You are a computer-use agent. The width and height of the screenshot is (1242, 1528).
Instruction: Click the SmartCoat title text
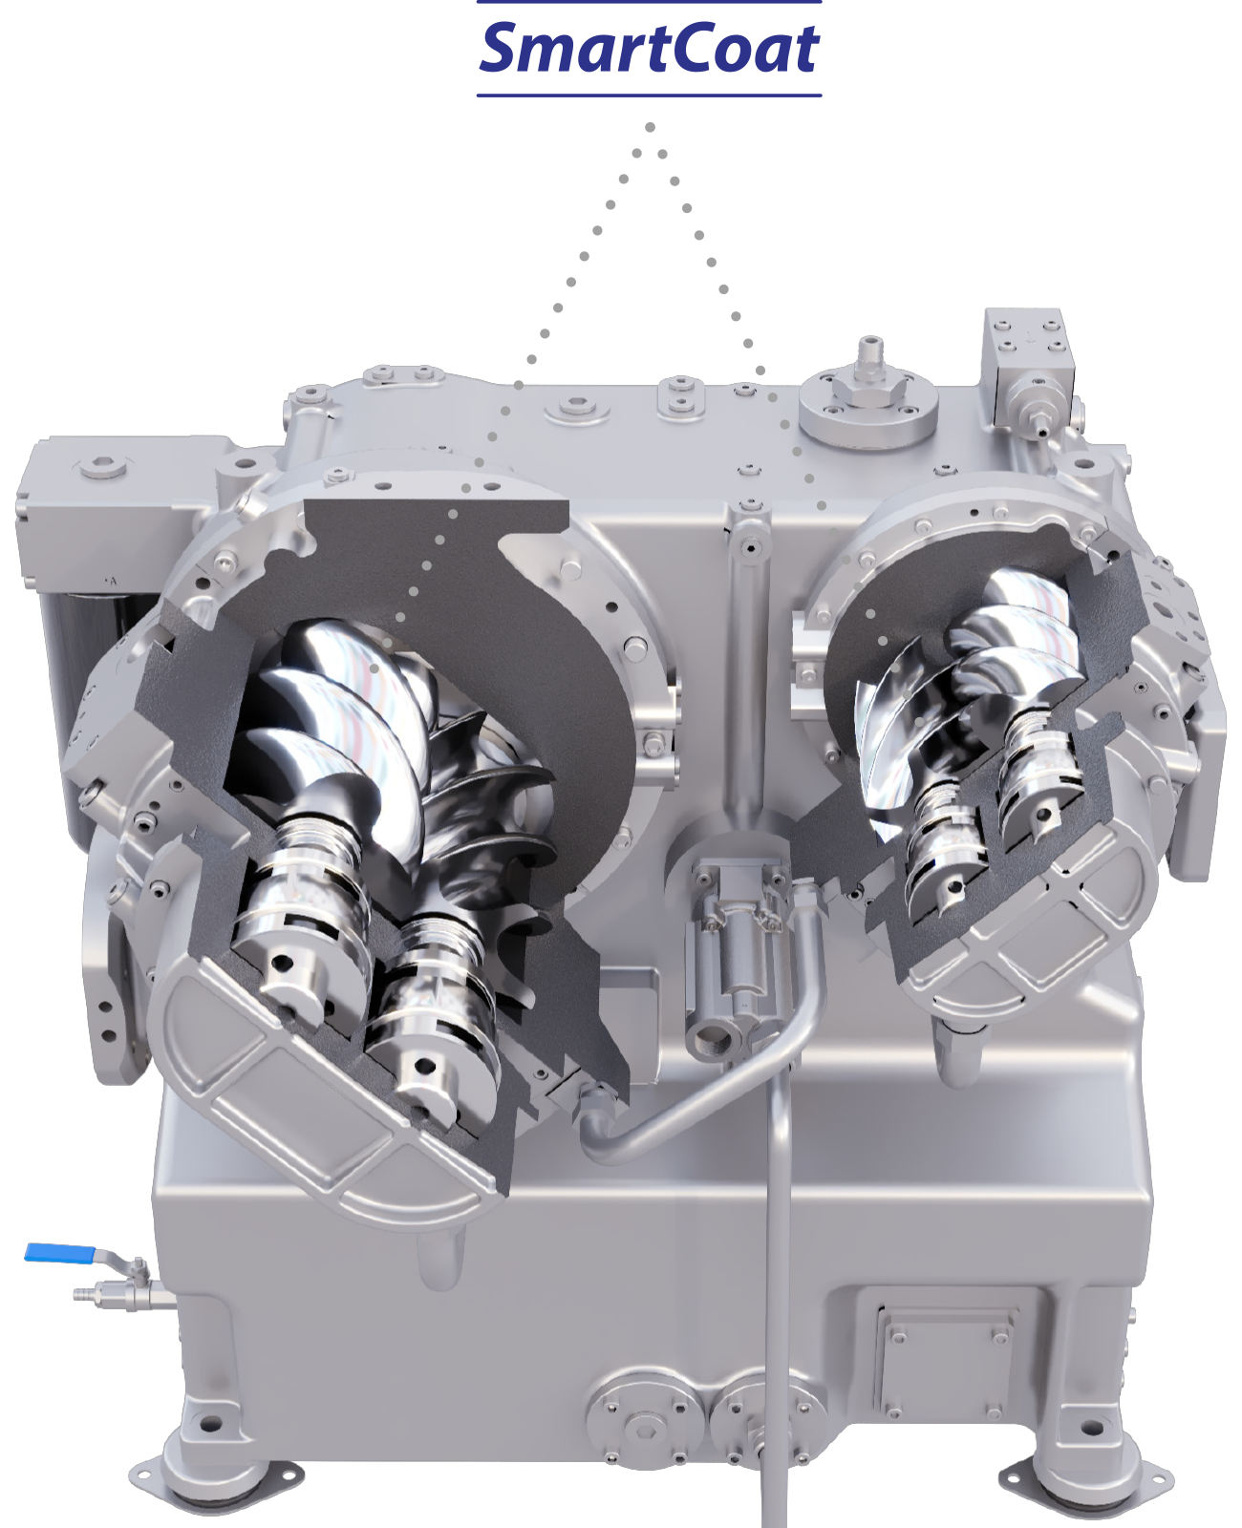click(649, 48)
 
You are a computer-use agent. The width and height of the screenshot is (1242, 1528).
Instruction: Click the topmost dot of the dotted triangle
click(650, 127)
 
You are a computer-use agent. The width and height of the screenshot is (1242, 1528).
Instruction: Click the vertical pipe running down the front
click(777, 1291)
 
